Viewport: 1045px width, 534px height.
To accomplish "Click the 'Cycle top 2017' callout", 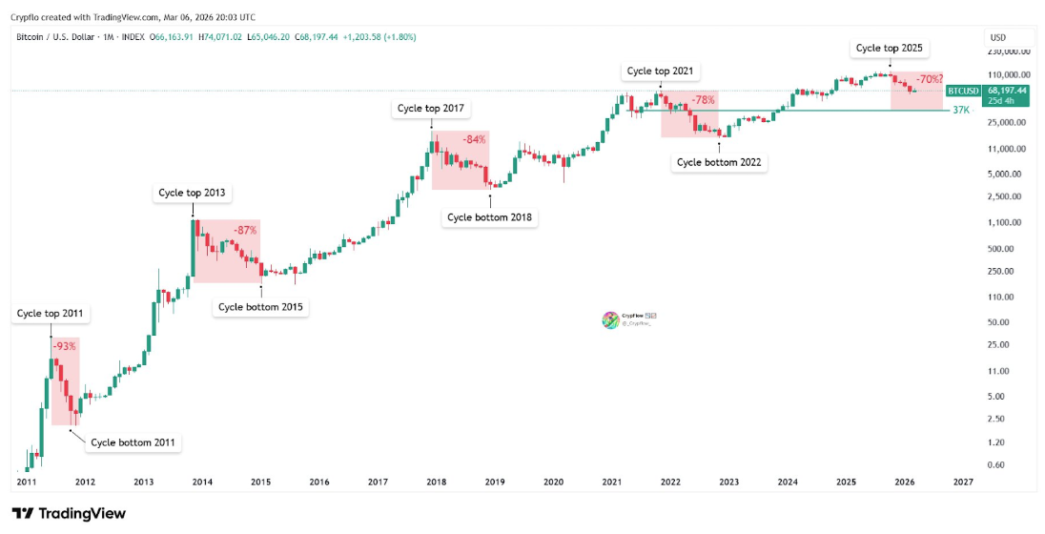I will click(x=431, y=108).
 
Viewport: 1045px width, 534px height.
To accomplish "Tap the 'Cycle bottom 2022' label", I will click(x=719, y=162).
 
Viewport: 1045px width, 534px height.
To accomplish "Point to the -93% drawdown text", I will click(x=65, y=346).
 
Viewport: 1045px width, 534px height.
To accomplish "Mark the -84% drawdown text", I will click(x=474, y=139).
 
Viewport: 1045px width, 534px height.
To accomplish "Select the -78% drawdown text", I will click(x=703, y=100).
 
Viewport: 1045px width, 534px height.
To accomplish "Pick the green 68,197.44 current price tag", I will click(x=1007, y=90).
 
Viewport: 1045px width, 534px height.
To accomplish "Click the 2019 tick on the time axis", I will click(x=495, y=483).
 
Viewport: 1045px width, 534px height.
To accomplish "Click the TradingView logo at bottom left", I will click(x=69, y=514).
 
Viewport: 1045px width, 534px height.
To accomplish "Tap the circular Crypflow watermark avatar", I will click(x=609, y=320).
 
